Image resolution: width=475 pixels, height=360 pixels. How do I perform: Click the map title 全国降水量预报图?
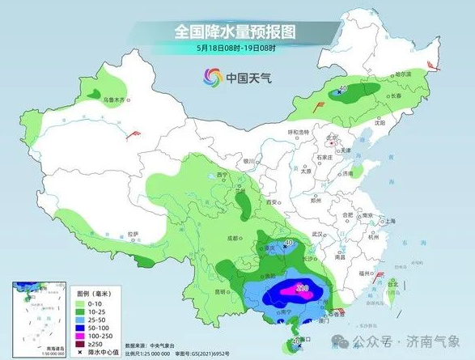click(235, 32)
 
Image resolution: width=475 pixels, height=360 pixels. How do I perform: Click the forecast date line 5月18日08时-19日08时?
click(235, 49)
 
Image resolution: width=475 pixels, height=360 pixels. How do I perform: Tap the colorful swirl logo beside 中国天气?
click(212, 78)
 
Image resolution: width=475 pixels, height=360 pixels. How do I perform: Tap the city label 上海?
click(390, 220)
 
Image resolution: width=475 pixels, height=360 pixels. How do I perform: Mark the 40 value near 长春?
click(343, 89)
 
